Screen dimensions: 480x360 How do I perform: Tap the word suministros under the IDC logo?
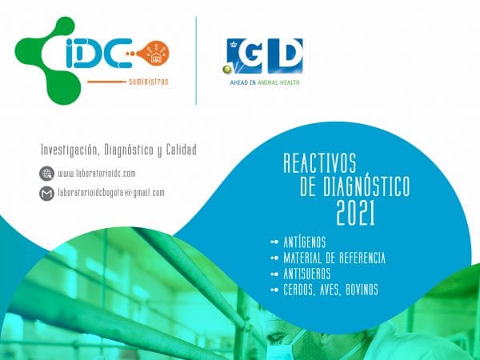149,82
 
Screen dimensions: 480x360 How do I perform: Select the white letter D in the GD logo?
285,56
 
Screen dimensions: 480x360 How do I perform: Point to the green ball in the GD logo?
227,70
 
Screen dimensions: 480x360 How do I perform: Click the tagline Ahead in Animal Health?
265,82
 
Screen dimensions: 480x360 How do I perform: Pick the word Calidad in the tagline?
182,150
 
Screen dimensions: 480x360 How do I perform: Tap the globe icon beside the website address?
47,174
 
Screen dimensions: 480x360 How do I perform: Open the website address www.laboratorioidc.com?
97,174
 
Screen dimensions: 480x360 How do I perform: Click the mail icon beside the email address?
47,194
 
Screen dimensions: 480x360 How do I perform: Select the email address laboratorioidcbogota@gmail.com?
111,193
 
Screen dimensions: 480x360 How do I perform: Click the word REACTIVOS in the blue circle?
320,163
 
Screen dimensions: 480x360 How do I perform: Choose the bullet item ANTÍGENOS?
305,242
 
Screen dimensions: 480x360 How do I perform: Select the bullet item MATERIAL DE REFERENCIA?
334,258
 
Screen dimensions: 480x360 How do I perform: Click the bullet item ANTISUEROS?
306,274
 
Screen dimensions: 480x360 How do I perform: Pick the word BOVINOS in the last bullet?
362,290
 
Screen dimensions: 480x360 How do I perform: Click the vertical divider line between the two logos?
196,61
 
